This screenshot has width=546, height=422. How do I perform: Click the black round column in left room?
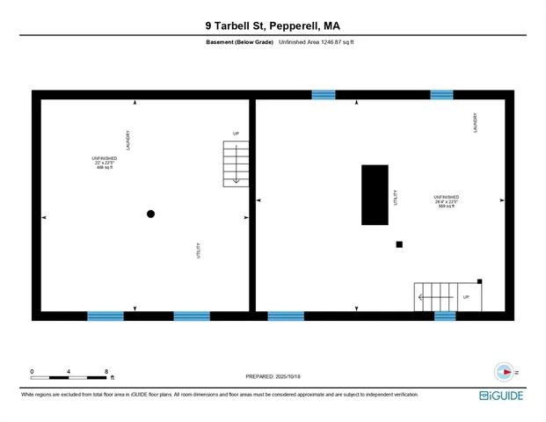tap(150, 214)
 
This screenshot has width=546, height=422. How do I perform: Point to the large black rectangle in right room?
tap(375, 195)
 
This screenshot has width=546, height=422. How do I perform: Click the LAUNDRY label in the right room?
tap(475, 122)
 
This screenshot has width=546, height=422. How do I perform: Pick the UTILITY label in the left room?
tap(199, 251)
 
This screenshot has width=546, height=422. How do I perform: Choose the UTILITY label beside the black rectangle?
tap(396, 197)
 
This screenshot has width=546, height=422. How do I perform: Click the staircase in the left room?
tap(236, 164)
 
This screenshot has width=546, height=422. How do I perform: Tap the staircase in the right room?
tap(436, 297)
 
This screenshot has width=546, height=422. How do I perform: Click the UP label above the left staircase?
tap(236, 134)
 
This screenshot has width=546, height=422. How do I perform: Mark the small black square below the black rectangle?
tap(399, 244)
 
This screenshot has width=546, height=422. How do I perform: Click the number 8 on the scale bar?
tap(106, 371)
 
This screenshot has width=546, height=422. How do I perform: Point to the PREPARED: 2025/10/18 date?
tap(273, 376)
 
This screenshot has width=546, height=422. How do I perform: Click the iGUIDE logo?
tap(502, 396)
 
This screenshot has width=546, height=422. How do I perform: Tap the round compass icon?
tap(503, 372)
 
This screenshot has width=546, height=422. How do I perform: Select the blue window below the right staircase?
tap(445, 316)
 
